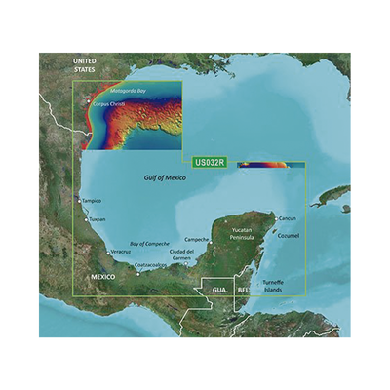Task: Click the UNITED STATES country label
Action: tap(90, 65)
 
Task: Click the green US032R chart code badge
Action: tap(210, 163)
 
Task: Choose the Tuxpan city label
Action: tap(97, 220)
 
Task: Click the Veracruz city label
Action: tap(120, 251)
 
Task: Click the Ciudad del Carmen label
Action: tap(188, 255)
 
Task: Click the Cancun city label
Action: tap(286, 217)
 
